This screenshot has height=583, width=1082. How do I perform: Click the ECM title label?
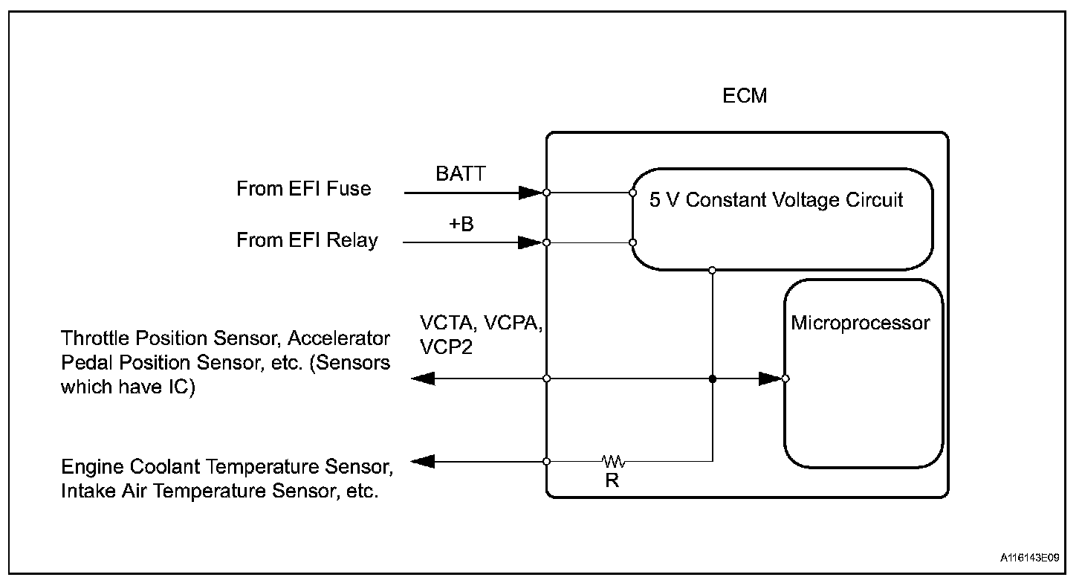(745, 96)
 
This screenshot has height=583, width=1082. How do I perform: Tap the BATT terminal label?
(460, 173)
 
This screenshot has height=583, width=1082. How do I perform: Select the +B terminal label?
(461, 224)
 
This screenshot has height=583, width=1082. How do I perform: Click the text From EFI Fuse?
(303, 189)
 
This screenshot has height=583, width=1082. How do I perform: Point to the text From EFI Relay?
(307, 240)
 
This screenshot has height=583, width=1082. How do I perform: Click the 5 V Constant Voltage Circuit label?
(776, 199)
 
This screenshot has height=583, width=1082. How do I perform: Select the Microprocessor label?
(861, 323)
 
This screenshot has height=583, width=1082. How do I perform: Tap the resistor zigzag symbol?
(614, 461)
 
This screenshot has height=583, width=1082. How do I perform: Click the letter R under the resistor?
(612, 480)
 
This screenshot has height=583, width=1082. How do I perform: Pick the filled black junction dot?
(713, 379)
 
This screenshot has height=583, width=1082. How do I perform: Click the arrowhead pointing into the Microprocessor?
(771, 379)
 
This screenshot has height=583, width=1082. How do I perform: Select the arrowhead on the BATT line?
(531, 193)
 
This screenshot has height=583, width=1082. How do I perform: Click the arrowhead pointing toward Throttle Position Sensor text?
(423, 379)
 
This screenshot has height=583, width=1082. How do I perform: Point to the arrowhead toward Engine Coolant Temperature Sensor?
(423, 461)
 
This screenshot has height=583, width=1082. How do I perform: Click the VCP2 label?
(446, 347)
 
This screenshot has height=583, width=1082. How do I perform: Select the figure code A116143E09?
(1029, 558)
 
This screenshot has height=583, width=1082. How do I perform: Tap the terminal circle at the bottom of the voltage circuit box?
(712, 270)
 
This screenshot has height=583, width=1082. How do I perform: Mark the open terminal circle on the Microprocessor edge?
(785, 379)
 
